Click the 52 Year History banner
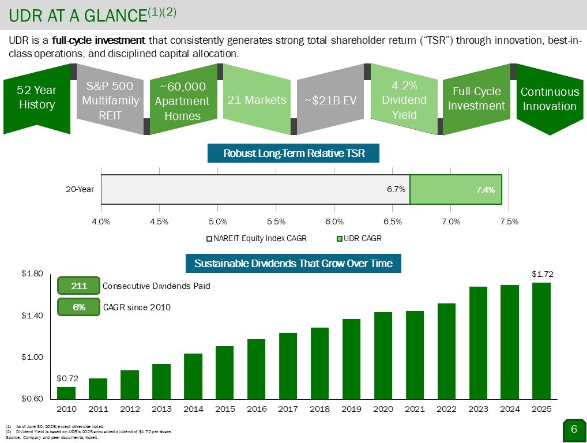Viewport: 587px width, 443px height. [x=36, y=98]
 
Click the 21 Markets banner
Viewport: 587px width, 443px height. [x=257, y=100]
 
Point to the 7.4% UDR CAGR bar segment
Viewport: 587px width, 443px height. [x=456, y=189]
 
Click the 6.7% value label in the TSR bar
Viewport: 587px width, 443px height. [x=396, y=189]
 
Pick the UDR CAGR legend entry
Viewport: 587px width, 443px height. [x=359, y=238]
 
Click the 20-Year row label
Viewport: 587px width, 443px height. [x=80, y=189]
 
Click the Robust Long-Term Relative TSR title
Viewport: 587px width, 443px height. [x=293, y=153]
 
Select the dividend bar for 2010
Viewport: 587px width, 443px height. [x=66, y=393]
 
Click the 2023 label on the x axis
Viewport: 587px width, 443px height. [x=478, y=409]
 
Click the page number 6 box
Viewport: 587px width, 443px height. [x=573, y=429]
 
